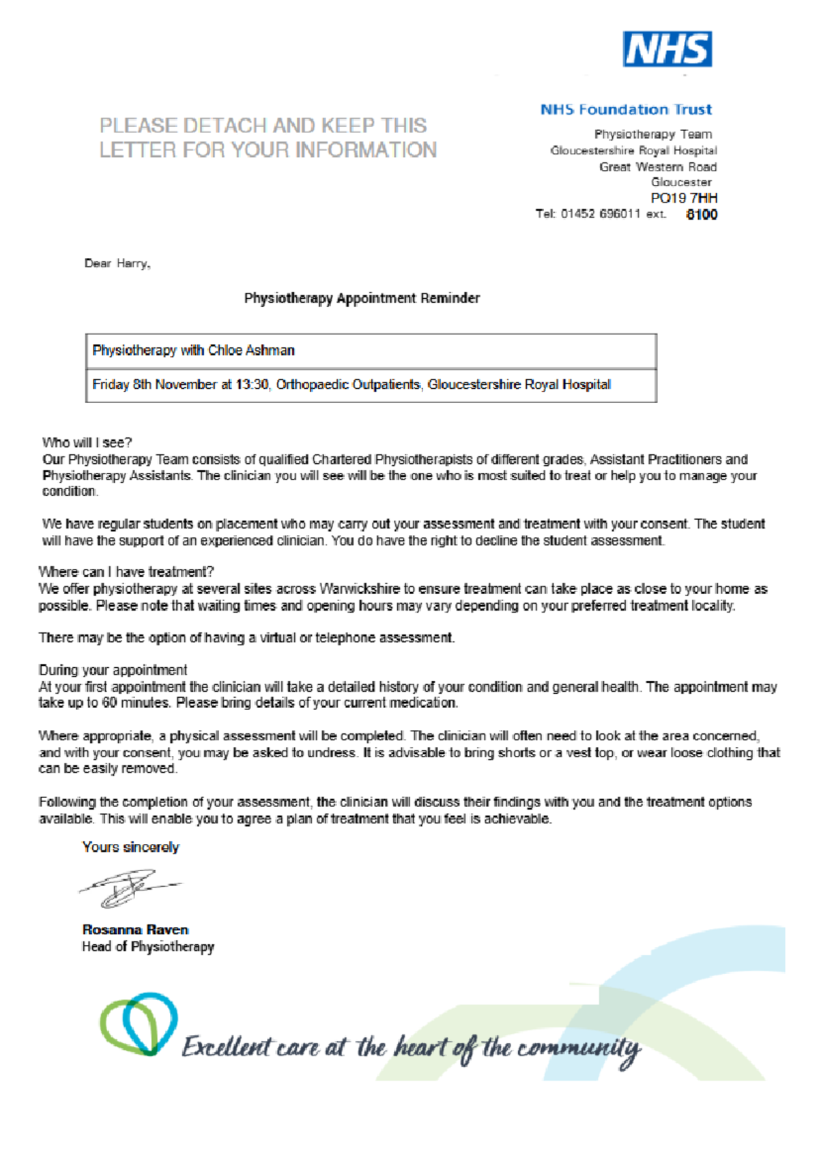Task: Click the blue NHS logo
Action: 667,49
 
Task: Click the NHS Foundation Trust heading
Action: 626,110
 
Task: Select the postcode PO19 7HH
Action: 683,198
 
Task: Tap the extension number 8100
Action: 702,214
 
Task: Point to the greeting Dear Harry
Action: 117,263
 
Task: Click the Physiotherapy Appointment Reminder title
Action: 362,298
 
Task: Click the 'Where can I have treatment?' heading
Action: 126,572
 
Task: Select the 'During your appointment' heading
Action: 113,670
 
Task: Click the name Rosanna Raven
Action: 135,930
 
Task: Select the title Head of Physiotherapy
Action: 148,947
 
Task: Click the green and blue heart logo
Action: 139,1023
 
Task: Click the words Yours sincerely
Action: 130,847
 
